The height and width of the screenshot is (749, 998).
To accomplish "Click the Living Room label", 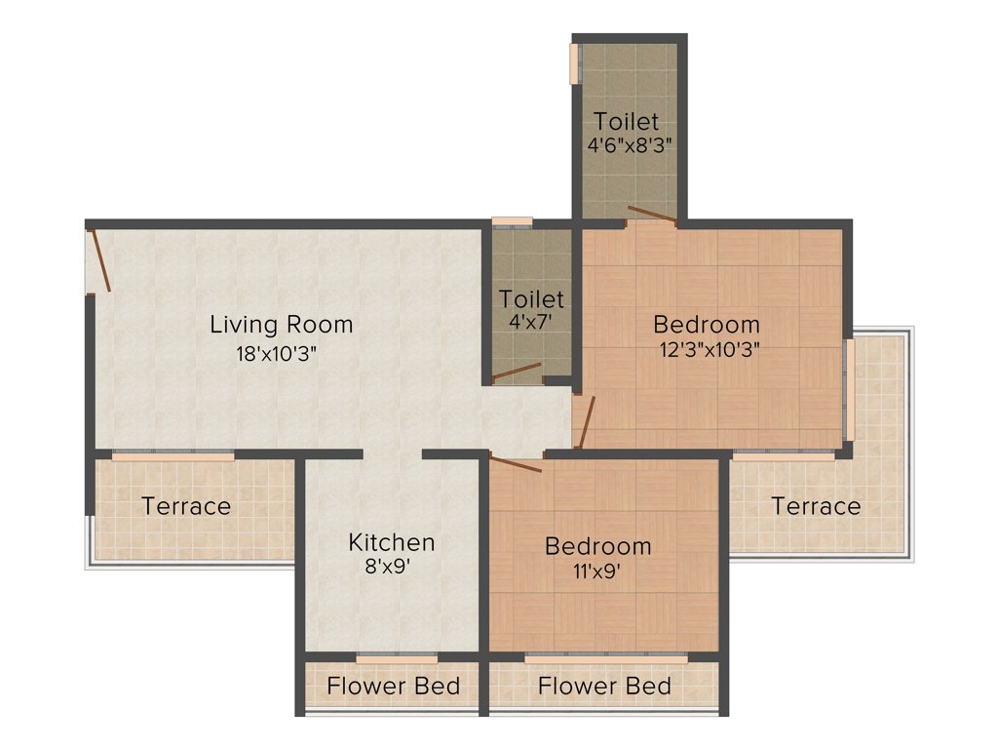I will coord(282,324).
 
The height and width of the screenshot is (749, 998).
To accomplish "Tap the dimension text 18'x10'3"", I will coord(277,353).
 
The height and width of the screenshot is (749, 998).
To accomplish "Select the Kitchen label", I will coord(392,542).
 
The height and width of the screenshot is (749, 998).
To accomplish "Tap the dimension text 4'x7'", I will coord(530,321).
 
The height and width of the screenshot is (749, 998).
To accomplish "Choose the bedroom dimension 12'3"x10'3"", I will coord(708,348).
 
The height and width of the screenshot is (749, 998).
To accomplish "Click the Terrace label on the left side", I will coord(186,506).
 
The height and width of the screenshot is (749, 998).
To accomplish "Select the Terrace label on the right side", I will coord(817,506).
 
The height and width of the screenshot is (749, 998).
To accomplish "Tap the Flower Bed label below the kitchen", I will coord(393,686).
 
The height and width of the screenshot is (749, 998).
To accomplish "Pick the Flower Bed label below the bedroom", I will coord(604,686).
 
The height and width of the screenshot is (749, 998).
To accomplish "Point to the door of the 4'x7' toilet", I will coord(518,371).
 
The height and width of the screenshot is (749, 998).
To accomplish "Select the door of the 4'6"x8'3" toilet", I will coord(651,216).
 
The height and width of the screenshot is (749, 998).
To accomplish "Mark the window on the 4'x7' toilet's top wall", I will coord(512,221).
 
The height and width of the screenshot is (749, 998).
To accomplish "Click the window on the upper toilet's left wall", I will coord(574,63).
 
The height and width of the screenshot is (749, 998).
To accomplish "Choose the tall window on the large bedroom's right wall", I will coord(850,389).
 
